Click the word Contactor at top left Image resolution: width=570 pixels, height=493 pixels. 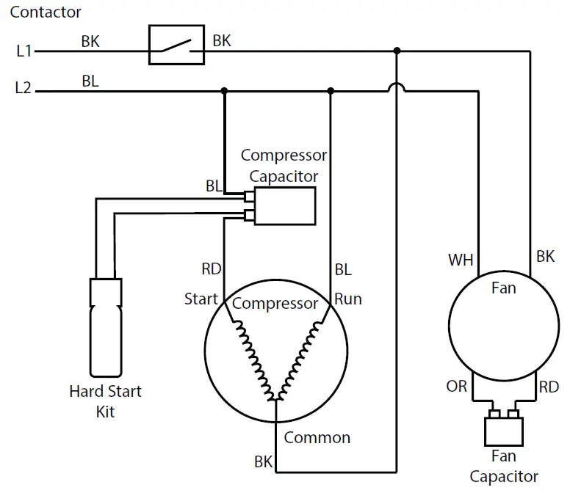tap(46, 12)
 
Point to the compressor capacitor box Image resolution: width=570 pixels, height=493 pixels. tap(284, 206)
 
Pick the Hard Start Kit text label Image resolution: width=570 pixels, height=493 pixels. tap(105, 401)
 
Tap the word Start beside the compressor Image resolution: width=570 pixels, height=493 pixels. tap(201, 299)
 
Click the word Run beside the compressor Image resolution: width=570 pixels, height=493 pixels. tap(348, 299)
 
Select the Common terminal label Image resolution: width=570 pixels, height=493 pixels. tap(317, 438)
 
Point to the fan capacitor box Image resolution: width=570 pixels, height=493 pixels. tap(503, 431)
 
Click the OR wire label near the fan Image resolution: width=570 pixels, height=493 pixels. tap(457, 386)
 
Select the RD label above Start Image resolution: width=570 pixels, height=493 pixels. tap(212, 269)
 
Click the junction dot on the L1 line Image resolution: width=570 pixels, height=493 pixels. tap(397, 51)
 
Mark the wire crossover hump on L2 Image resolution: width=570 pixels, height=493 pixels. tap(397, 88)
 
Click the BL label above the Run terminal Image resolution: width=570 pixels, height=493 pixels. tap(343, 269)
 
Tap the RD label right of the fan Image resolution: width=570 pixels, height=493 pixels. tap(549, 387)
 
